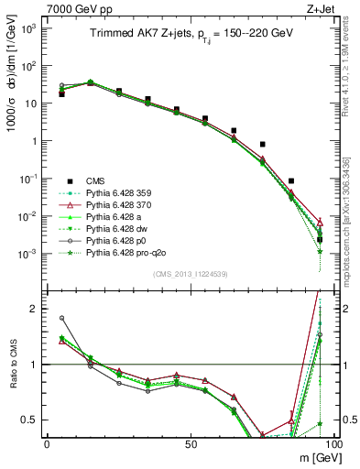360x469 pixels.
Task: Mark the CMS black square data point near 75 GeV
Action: [x=263, y=145]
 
